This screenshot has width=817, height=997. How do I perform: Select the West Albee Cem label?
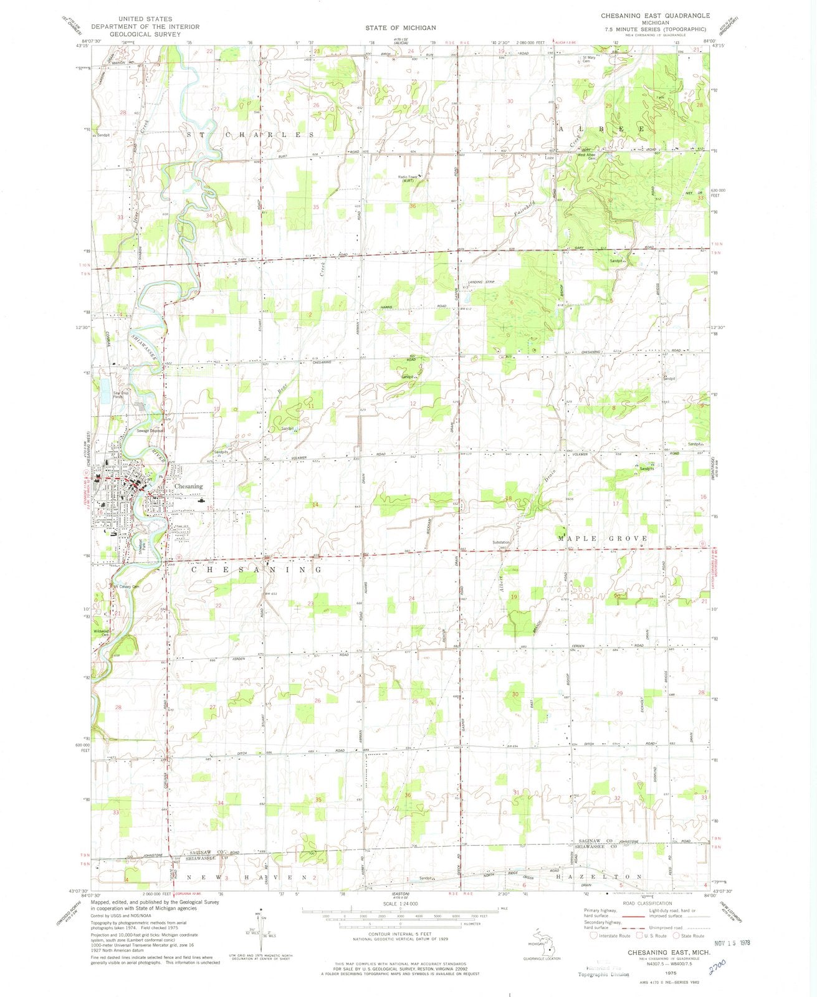pos(587,157)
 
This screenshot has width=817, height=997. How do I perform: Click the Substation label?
pos(500,543)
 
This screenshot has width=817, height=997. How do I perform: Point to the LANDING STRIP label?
pos(480,283)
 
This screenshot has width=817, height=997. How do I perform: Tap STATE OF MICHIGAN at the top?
pos(400,28)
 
